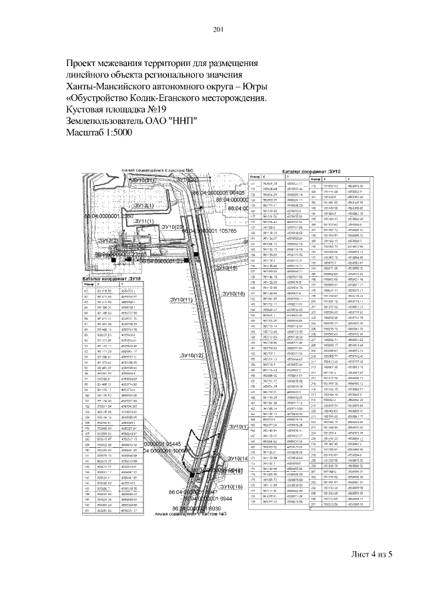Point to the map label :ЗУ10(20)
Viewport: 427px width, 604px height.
(x=171, y=228)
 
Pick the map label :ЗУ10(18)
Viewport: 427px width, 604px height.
(x=234, y=294)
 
